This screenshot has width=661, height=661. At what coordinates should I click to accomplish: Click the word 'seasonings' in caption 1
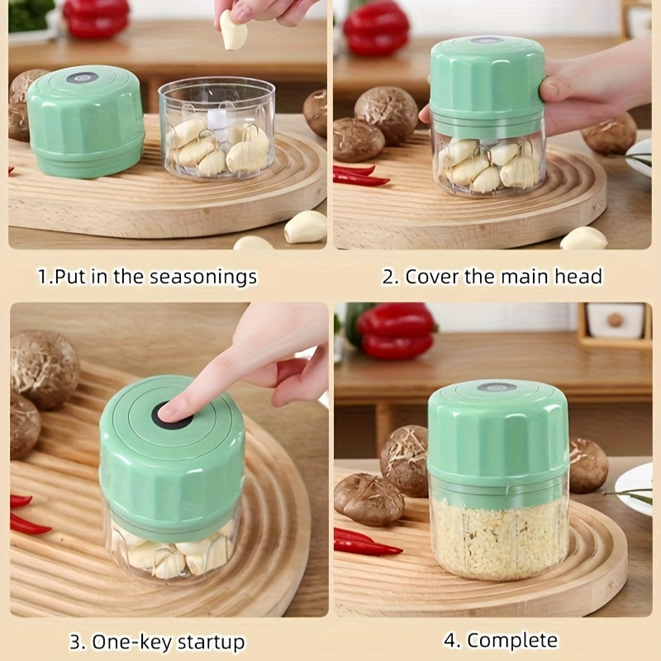coord(203,278)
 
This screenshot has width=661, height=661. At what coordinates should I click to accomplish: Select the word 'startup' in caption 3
coord(211,642)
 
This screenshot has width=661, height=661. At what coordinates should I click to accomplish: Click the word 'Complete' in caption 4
coord(511,641)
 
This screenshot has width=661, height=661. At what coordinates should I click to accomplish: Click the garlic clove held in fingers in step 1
coord(232,31)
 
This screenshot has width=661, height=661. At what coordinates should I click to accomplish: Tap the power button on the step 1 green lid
coord(83,78)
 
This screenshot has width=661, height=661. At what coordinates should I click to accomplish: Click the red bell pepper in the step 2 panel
coord(376,29)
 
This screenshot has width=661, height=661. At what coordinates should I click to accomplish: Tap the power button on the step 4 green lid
coord(498,387)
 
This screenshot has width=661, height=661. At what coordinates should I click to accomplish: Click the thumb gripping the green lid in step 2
coord(554,88)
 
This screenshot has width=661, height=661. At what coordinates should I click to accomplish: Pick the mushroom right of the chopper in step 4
coord(588,465)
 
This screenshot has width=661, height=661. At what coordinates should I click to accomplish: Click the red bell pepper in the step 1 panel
coord(96,17)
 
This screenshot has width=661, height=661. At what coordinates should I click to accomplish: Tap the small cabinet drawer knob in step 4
coord(615,321)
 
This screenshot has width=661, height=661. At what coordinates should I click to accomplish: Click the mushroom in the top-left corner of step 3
coord(45,369)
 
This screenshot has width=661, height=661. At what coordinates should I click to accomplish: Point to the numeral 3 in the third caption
coord(75,643)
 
